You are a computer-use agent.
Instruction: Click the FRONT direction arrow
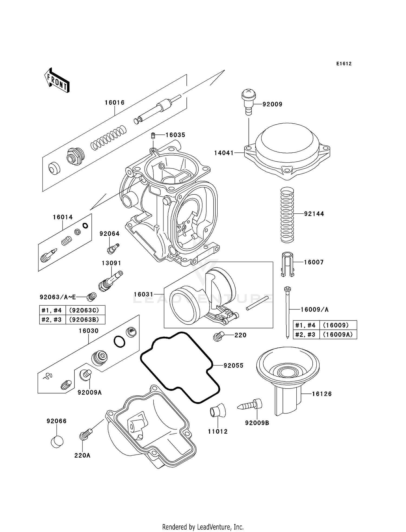57,81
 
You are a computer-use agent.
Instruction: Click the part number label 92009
272,104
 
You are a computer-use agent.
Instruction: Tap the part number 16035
175,135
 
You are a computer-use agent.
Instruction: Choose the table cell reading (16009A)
338,335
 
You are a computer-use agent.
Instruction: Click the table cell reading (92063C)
84,310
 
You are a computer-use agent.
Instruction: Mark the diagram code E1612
344,64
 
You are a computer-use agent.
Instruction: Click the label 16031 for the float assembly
143,294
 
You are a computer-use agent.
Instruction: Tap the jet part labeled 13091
110,281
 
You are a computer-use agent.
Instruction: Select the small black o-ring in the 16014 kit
85,225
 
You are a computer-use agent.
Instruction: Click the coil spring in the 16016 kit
108,138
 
